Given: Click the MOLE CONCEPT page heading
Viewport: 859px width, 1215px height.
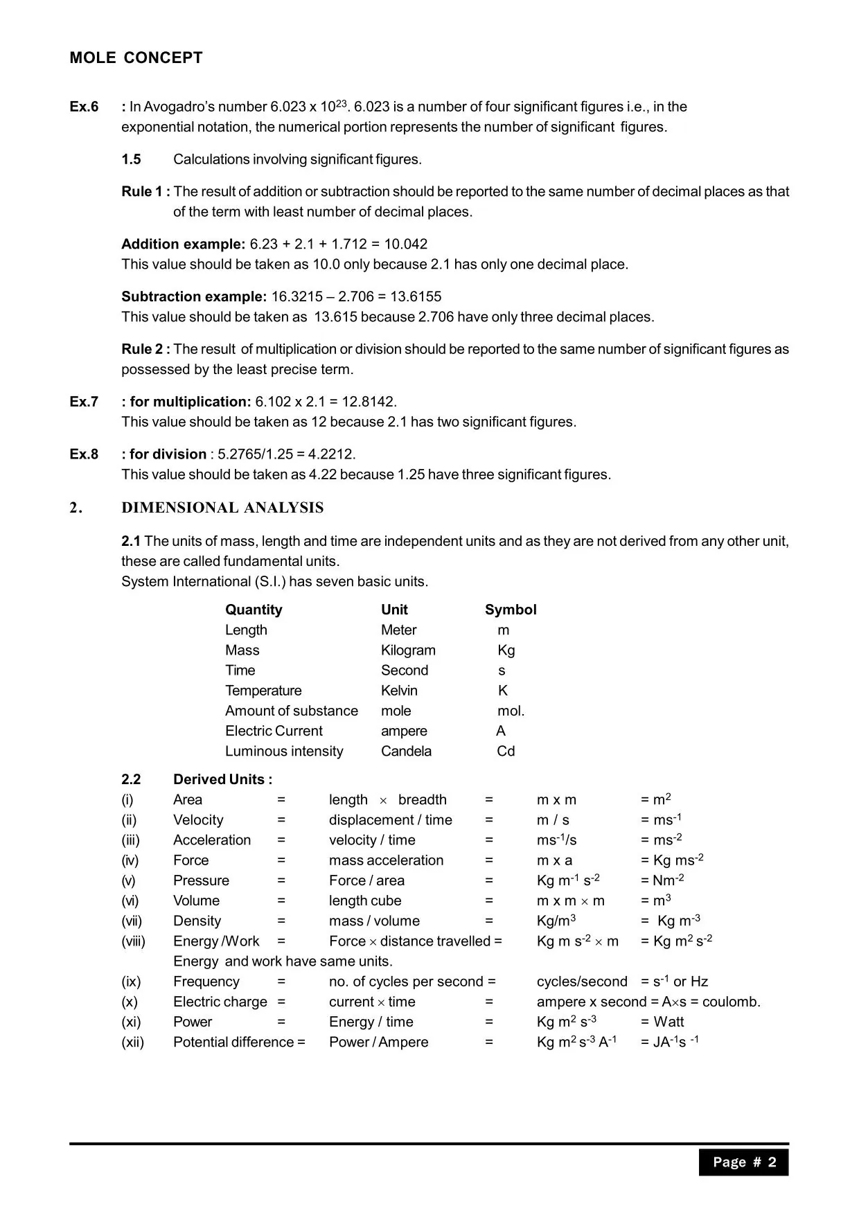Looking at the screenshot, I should (x=136, y=58).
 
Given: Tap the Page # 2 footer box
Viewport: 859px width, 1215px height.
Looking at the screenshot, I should (x=744, y=1162).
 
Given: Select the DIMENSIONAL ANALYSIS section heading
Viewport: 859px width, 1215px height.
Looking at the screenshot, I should (x=222, y=508).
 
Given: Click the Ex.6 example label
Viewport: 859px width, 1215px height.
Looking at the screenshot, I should (x=84, y=107).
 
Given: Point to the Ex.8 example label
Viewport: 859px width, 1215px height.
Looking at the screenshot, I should (x=84, y=454).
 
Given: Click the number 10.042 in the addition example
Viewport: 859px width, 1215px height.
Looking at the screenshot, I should (x=405, y=244).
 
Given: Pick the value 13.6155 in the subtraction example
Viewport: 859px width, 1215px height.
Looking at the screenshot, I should (x=416, y=296).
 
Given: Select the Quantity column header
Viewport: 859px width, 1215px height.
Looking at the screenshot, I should (x=254, y=610).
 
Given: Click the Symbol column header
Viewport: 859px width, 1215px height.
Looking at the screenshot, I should (x=511, y=610).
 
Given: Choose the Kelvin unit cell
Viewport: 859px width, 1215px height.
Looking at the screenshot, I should (x=399, y=691).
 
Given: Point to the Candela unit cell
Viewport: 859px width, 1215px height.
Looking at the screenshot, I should (x=406, y=751).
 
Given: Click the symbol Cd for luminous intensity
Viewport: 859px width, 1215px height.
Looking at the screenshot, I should (x=506, y=751).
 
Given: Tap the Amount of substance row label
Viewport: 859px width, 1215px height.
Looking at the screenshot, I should (x=292, y=711).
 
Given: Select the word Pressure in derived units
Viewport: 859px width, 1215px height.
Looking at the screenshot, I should (x=201, y=880).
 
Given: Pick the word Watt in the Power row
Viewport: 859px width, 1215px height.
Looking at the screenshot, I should (x=668, y=1022).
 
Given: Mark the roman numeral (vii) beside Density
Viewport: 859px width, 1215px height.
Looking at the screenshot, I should (x=132, y=921).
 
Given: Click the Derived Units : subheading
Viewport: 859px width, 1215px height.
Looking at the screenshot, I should (x=222, y=779).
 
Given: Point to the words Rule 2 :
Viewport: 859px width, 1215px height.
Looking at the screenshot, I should (x=145, y=349).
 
